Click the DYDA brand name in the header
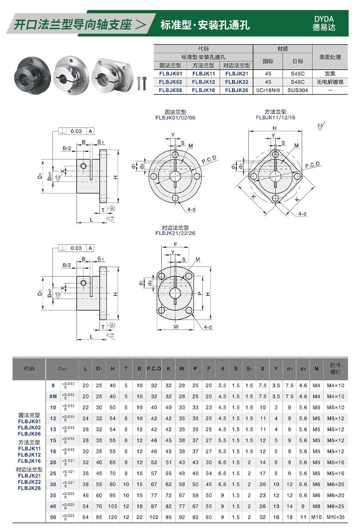[324, 19]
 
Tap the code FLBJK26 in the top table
[237, 90]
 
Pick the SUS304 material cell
[298, 90]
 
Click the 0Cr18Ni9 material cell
[268, 90]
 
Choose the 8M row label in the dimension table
[53, 397]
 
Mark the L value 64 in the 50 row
[86, 517]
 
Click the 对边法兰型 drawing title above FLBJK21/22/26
[175, 228]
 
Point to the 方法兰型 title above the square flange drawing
[275, 112]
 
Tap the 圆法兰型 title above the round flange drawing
[175, 112]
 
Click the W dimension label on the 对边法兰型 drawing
[176, 327]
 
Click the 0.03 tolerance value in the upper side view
[76, 131]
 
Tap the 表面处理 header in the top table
[330, 57]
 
